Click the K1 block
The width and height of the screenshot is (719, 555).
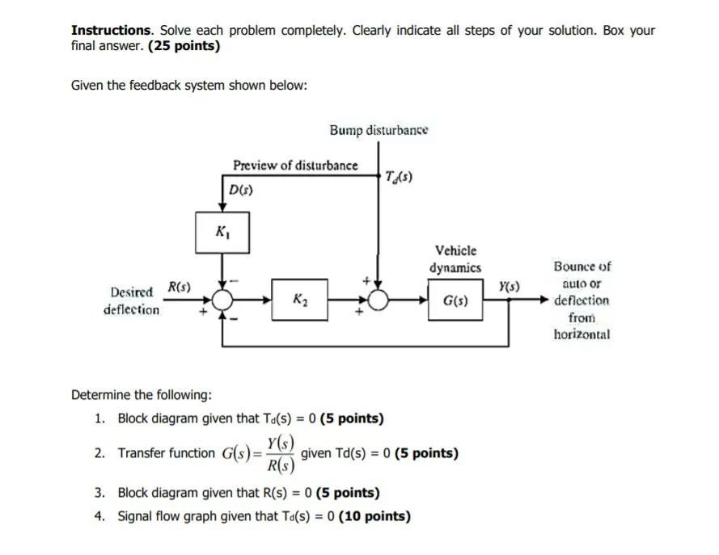(222, 232)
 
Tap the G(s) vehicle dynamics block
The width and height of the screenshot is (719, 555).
(453, 301)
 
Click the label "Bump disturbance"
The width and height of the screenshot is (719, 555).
(379, 130)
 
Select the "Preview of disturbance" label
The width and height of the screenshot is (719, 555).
(295, 166)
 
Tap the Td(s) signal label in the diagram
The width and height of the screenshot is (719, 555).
(400, 177)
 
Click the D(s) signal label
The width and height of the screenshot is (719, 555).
(241, 191)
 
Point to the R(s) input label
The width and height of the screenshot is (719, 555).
(179, 286)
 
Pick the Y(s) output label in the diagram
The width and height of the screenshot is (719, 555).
(510, 286)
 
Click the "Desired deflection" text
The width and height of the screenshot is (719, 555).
(131, 301)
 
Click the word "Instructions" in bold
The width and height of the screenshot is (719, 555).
(112, 31)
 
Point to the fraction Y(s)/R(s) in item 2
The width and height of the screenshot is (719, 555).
(281, 453)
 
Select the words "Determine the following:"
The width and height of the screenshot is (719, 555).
(142, 395)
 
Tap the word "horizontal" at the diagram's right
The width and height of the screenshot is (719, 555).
(582, 334)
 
